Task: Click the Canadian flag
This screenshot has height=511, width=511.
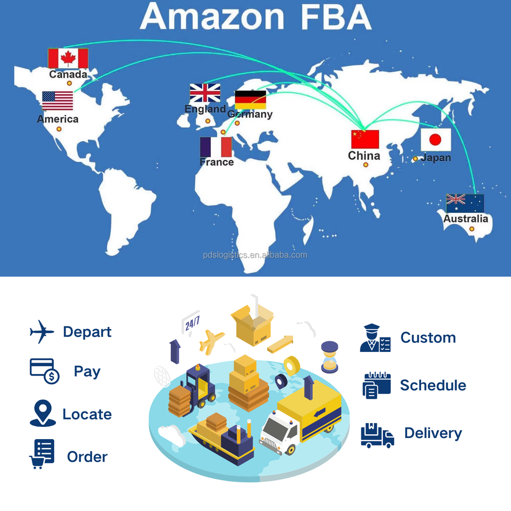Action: [68, 58]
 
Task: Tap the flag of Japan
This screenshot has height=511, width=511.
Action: [436, 140]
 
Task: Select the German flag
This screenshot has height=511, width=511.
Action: [250, 100]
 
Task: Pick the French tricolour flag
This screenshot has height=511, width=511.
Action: [216, 147]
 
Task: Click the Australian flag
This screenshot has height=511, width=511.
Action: [465, 203]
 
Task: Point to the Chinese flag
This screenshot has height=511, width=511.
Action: [365, 139]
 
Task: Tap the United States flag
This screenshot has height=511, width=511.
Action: [57, 101]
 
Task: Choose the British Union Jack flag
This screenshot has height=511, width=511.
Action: [205, 93]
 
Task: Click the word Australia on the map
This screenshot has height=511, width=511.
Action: [466, 219]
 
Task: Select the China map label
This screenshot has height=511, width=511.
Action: [364, 156]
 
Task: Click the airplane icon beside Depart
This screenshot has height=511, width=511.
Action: [42, 332]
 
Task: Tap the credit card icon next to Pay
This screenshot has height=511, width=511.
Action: [44, 371]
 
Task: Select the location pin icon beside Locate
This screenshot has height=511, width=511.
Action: [43, 413]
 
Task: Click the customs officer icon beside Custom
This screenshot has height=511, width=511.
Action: [375, 339]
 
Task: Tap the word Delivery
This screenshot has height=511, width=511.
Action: [433, 433]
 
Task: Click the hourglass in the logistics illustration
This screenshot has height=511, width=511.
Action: [330, 356]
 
